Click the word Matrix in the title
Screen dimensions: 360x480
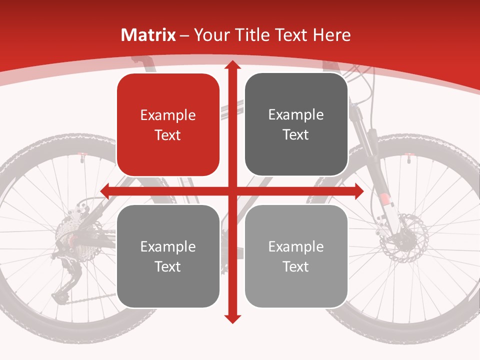148,35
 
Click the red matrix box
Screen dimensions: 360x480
168,125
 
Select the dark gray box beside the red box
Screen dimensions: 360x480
296,125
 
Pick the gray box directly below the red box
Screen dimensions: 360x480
168,256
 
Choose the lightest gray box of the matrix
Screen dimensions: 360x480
296,256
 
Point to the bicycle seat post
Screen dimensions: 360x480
145,65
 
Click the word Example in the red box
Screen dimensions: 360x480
168,115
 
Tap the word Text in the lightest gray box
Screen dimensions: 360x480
296,266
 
